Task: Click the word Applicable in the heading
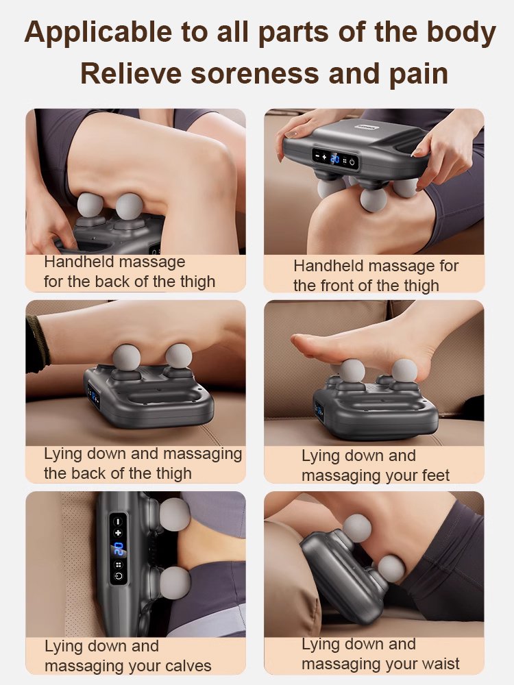tap(98, 33)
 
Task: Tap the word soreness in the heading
tap(255, 73)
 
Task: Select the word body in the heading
tap(461, 33)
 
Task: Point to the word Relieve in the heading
tap(131, 73)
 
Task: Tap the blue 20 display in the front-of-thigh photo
tap(334, 159)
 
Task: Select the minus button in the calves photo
tap(118, 521)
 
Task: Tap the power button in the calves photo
tap(119, 576)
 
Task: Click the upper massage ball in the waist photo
tap(357, 528)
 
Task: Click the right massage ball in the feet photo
tap(404, 371)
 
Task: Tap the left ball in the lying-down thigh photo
tap(126, 357)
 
